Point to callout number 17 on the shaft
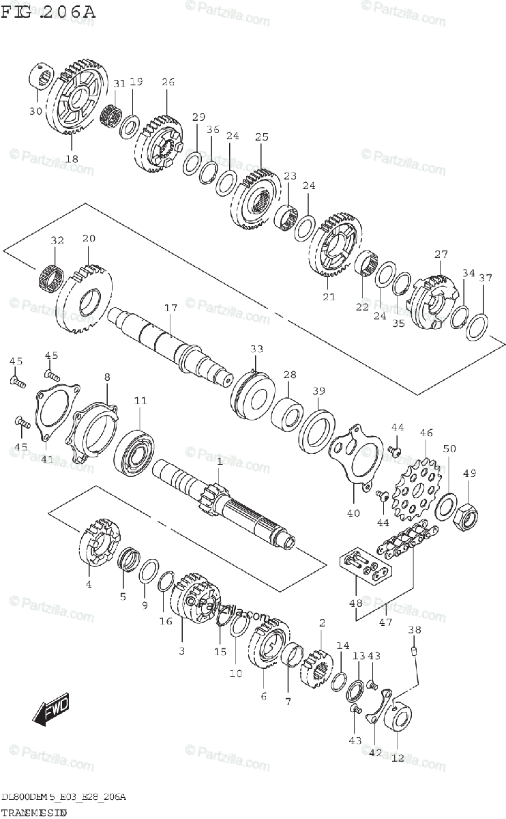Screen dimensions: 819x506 pyautogui.click(x=170, y=308)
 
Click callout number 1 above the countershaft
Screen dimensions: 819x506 pyautogui.click(x=219, y=462)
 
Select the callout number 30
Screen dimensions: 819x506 pyautogui.click(x=35, y=111)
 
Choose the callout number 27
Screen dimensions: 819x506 pyautogui.click(x=441, y=255)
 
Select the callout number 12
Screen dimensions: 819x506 pyautogui.click(x=398, y=757)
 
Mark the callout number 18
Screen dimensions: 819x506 pyautogui.click(x=72, y=158)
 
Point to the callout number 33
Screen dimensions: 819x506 pyautogui.click(x=256, y=349)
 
